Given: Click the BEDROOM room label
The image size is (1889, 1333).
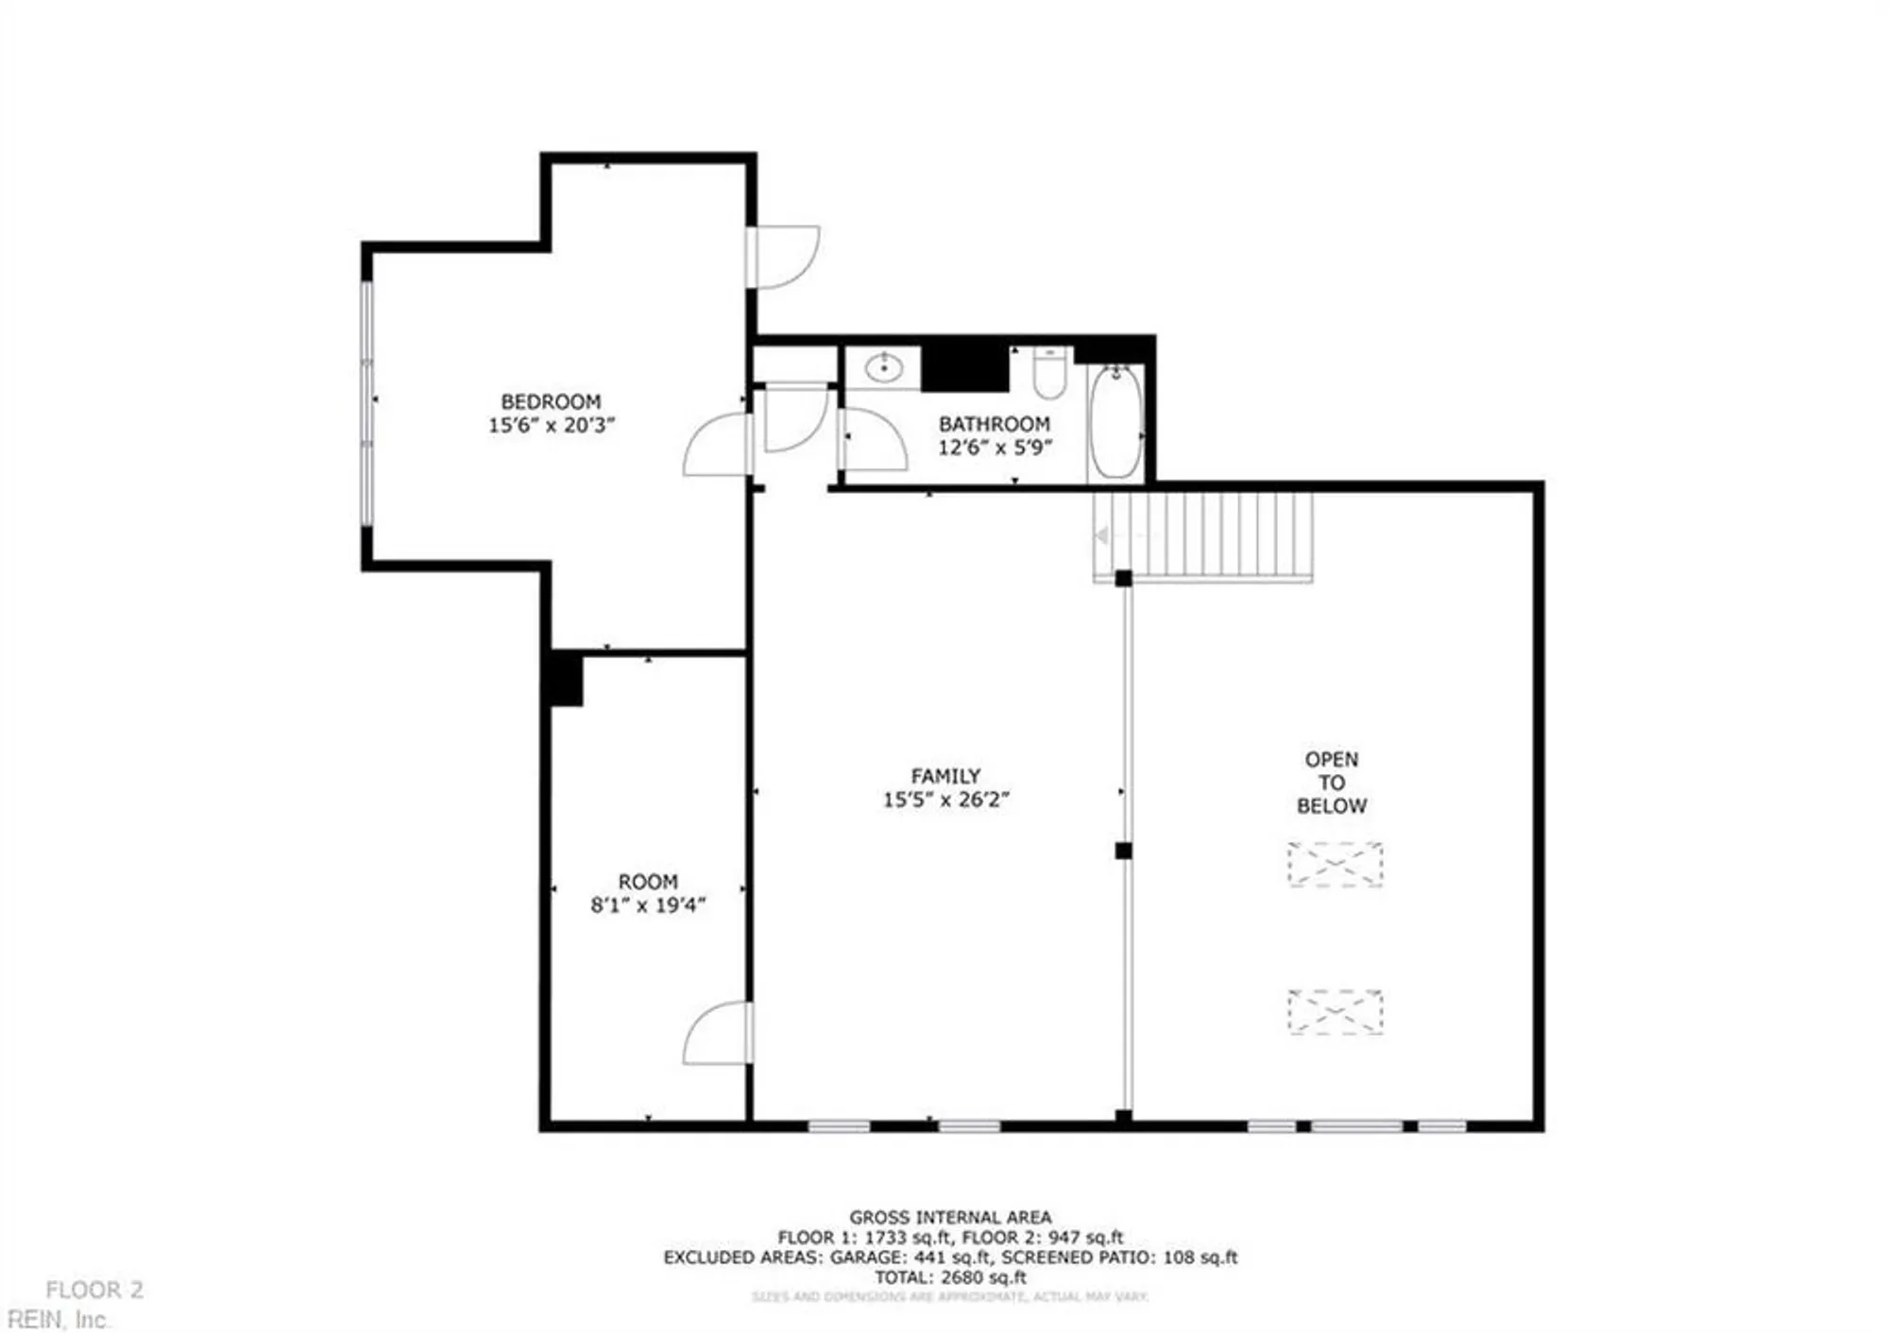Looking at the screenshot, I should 551,401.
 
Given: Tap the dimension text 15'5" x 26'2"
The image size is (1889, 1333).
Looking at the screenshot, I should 945,800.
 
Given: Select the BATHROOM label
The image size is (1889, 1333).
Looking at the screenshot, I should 994,424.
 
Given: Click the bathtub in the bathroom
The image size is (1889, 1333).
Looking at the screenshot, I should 1115,422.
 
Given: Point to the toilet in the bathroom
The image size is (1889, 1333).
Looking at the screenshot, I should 1049,373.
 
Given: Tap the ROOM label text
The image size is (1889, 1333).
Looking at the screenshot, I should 648,882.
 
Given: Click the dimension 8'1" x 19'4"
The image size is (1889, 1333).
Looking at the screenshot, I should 648,905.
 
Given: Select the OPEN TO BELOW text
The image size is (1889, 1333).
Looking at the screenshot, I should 1332,783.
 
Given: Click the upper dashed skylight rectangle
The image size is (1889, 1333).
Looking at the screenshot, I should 1335,864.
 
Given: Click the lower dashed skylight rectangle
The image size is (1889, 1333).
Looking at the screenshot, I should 1335,1012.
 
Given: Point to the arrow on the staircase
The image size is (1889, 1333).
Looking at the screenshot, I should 1101,536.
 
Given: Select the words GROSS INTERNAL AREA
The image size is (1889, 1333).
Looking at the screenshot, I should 949,1218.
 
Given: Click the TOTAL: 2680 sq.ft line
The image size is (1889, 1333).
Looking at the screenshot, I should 949,1277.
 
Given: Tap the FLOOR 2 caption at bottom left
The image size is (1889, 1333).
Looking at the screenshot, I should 94,1290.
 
